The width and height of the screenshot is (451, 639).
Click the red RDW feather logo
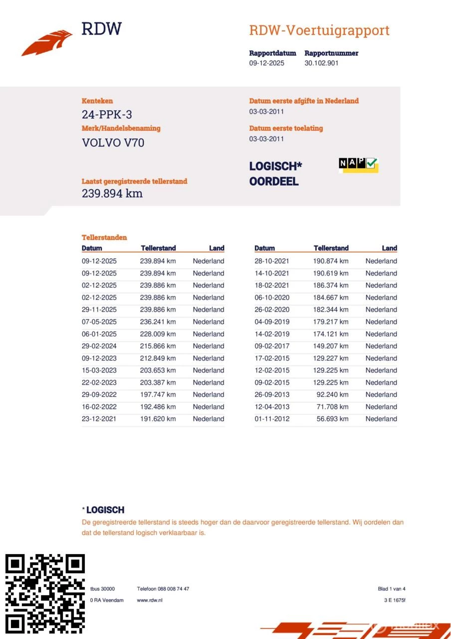pos(47,43)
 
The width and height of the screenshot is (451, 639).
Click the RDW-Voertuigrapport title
pos(319,30)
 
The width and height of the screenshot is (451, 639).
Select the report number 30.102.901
pos(321,63)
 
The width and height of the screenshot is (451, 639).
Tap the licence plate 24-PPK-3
pos(107,115)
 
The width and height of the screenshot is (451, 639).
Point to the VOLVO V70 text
pos(113,143)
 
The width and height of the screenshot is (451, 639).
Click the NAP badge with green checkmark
pos(358,164)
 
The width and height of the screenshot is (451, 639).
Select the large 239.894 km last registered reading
pos(112,194)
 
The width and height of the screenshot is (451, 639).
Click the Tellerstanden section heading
pos(104,238)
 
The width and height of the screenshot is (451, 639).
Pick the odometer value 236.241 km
pos(158,322)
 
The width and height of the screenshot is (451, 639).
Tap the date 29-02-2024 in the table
pos(99,346)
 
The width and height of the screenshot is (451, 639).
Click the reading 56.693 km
pos(332,419)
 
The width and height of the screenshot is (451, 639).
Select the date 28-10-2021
pos(271,261)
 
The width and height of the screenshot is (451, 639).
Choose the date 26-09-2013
pos(271,395)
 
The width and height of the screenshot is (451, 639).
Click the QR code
pos(45,593)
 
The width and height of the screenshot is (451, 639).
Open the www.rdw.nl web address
pos(150,600)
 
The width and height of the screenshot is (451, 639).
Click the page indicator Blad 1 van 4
pos(391,589)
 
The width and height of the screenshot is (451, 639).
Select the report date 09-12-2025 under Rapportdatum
pos(266,63)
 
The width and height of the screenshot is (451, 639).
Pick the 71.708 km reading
pos(332,407)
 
